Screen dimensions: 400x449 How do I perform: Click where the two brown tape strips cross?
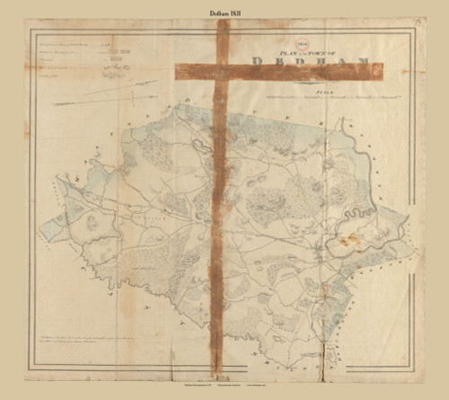coord(223,68)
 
